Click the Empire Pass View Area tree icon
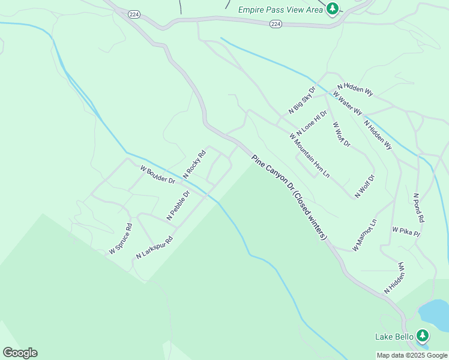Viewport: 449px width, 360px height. point(332,9)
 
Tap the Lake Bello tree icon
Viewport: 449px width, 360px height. point(423,336)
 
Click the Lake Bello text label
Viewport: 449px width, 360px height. point(394,337)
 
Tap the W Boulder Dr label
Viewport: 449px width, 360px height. point(157,175)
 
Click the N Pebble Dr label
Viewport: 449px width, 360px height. point(178,205)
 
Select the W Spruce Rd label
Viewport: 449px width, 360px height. point(120,239)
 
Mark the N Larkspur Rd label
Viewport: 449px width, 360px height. point(154,247)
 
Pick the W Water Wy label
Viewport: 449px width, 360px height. point(348,103)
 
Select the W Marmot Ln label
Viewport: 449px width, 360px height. point(364,235)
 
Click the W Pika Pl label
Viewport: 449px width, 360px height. point(406,229)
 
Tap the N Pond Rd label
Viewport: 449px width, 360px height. point(419,208)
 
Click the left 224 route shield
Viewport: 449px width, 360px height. point(134,14)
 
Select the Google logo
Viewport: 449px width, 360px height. point(20,353)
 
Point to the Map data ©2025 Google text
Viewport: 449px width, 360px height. point(412,355)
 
